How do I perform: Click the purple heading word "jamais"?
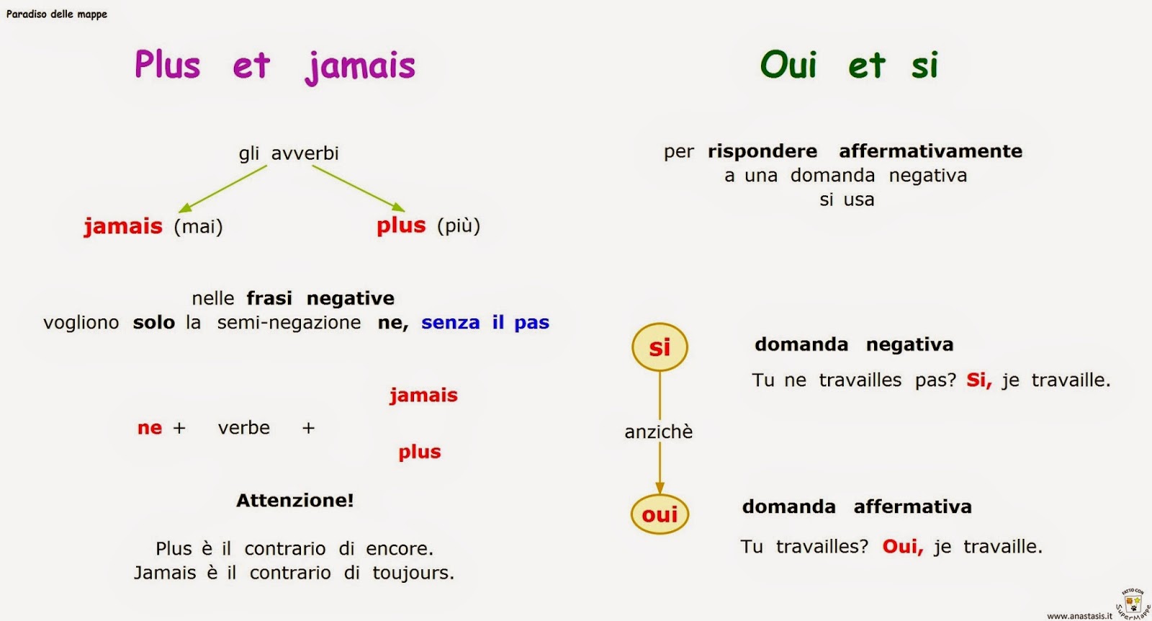[360, 66]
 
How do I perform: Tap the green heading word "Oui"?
[788, 65]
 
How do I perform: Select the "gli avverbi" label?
[289, 153]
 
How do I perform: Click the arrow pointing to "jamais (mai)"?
[222, 189]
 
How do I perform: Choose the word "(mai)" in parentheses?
[198, 227]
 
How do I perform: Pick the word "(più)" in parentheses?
[459, 225]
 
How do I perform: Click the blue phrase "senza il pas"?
[485, 323]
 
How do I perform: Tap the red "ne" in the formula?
[150, 428]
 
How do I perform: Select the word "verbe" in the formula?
[244, 428]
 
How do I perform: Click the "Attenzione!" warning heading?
[295, 500]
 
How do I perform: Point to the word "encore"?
[399, 549]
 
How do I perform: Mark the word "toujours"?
[413, 573]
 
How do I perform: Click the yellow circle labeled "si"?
[660, 347]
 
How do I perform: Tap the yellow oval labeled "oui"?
[660, 514]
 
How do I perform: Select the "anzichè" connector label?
[659, 432]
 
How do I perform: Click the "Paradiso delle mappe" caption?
[57, 14]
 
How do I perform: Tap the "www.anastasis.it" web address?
[1079, 616]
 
